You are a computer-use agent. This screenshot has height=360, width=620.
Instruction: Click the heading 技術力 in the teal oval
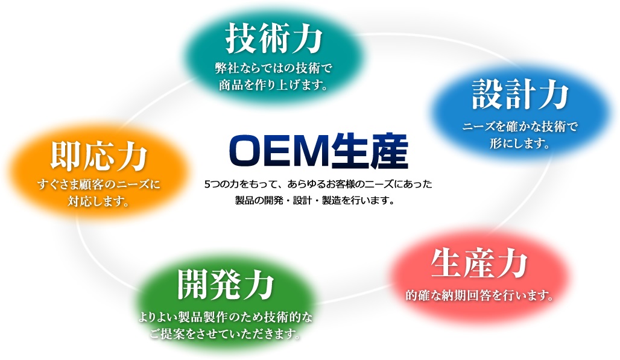274,39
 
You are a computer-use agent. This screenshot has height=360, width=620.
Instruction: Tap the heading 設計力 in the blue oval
520,95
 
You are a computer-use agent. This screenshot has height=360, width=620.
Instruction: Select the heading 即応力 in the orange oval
99,157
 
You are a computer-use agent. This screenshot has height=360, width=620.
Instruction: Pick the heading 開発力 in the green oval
226,285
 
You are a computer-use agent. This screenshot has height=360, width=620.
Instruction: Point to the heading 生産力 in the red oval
479,264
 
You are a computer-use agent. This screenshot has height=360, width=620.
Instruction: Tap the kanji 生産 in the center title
370,152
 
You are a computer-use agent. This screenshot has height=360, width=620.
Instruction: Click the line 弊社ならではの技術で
274,68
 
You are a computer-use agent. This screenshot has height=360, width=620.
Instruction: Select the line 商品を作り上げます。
274,85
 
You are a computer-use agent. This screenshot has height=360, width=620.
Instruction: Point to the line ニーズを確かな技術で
520,127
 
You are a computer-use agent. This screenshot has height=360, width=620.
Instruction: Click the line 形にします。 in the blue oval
520,143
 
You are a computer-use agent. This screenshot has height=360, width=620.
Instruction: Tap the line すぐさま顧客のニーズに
99,184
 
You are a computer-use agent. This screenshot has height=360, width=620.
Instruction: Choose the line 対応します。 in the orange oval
99,201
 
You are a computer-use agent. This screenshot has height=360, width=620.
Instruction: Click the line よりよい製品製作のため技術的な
226,317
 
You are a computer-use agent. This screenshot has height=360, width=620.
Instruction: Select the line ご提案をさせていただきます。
226,334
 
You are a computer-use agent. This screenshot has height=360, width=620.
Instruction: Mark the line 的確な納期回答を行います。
479,295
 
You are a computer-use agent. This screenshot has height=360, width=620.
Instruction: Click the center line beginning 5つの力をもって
318,184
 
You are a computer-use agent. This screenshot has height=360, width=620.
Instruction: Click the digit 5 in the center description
207,184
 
